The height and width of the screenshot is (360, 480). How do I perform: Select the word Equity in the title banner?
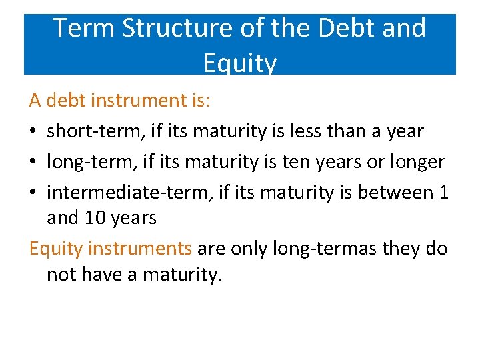click(240, 63)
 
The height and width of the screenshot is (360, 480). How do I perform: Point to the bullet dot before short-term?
click(33, 132)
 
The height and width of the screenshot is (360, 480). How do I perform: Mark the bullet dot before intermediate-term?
click(33, 193)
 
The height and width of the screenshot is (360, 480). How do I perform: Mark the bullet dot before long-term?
click(33, 163)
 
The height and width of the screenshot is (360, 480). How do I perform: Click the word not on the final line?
click(61, 273)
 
